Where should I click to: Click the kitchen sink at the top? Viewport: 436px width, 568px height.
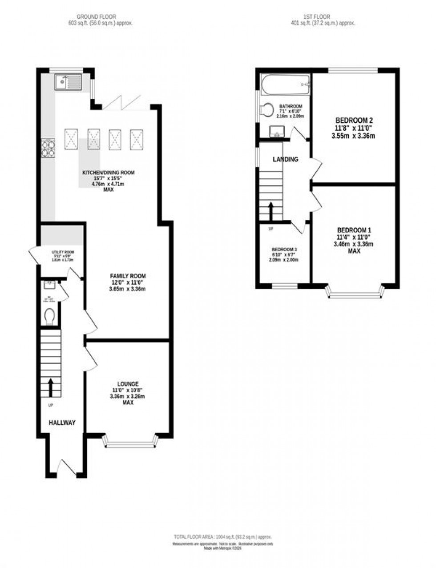point(68,82)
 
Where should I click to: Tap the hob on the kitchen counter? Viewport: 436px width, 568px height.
point(48,148)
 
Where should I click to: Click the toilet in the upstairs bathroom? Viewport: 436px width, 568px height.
point(268,110)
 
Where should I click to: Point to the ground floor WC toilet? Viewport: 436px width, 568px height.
point(50,316)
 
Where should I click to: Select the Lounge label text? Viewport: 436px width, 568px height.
point(128,384)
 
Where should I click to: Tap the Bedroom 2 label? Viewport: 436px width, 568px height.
point(353,120)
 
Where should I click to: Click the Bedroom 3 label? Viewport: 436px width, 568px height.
point(284,249)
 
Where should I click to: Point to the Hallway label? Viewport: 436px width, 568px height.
point(62,423)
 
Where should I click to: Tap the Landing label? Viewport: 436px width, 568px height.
point(285,159)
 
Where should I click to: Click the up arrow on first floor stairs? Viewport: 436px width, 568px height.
point(270,211)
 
